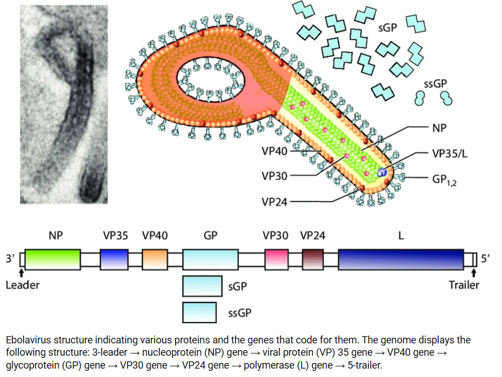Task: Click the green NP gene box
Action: coord(53,260)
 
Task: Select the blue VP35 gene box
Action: coord(114,260)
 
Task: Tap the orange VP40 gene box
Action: coord(155,260)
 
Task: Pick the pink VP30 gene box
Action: coord(277,260)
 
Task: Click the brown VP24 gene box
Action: coord(313,260)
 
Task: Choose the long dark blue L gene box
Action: coord(401,260)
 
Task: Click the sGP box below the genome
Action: coord(202,286)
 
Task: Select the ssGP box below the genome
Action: coord(200,313)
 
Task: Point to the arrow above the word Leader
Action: coord(21,273)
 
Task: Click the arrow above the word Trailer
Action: coord(474,273)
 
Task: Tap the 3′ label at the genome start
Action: coord(10,258)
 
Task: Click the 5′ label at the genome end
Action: coord(485,258)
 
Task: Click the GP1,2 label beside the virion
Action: coord(444,180)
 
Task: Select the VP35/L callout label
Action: coord(450,154)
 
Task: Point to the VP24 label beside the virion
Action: coord(274,202)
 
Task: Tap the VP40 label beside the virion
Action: coord(274,151)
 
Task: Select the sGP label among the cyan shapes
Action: coord(388,28)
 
